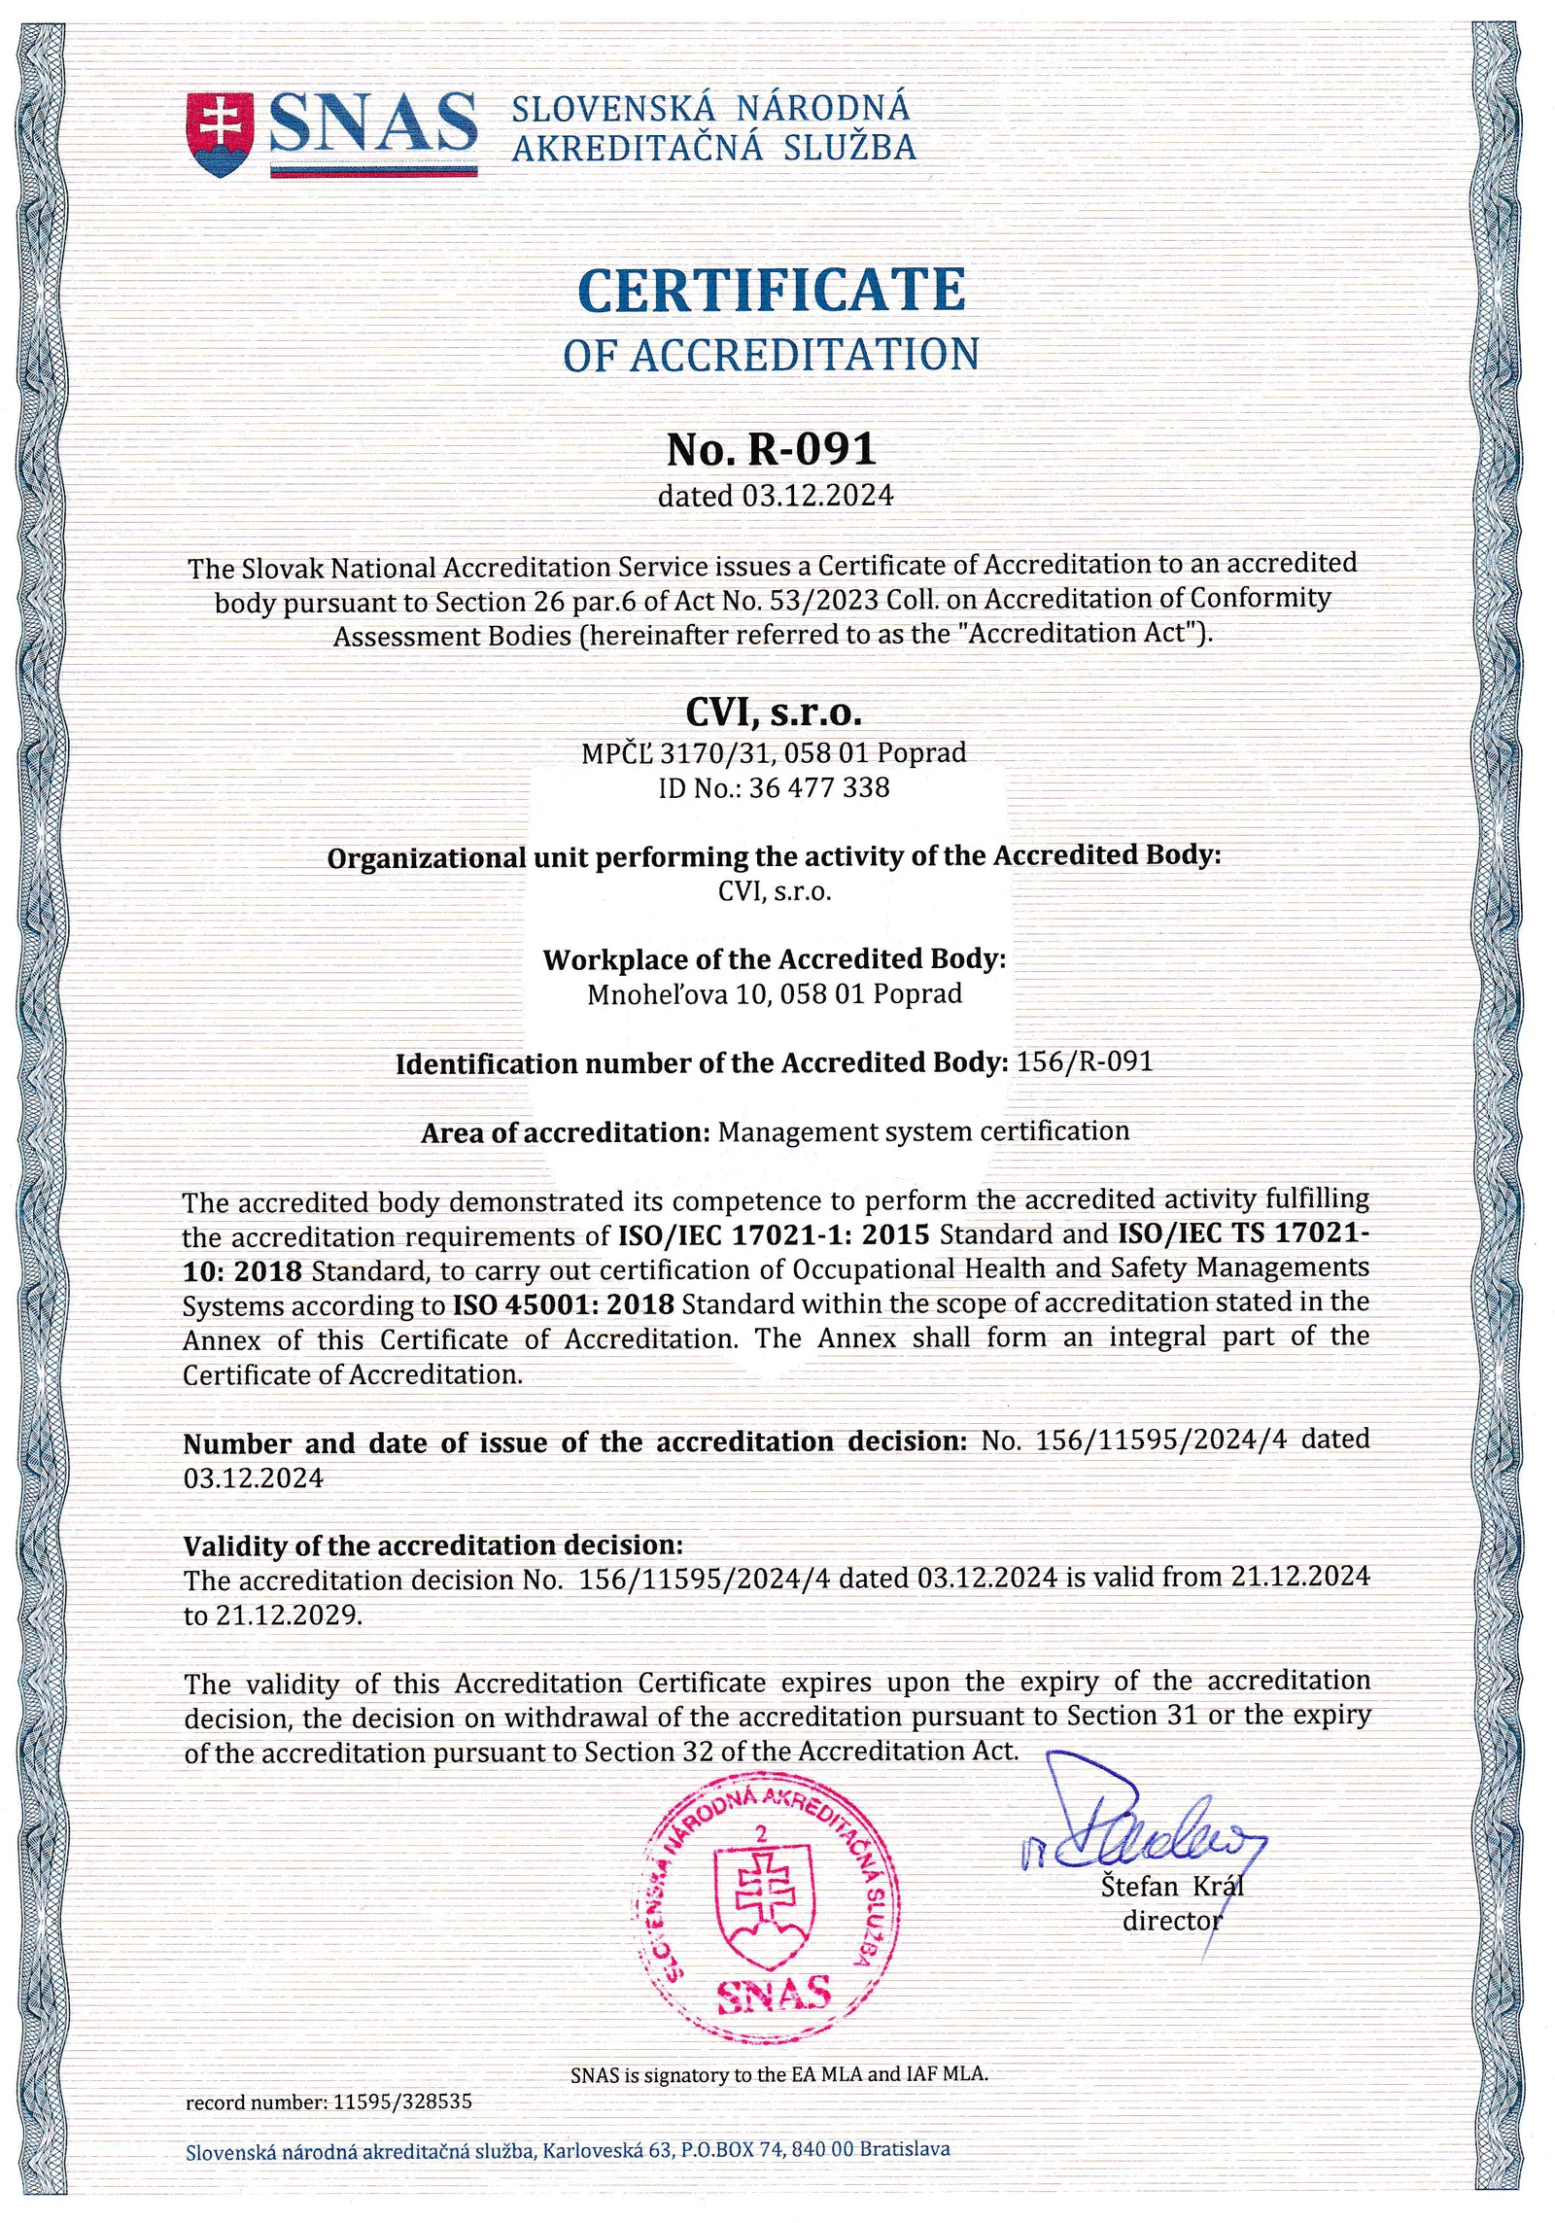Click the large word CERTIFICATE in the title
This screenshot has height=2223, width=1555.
(771, 290)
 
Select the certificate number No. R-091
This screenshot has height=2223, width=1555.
(772, 449)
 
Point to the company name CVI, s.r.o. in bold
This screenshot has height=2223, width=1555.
(775, 712)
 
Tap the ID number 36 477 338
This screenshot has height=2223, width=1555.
(819, 786)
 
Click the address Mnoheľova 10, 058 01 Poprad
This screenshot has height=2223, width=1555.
(775, 994)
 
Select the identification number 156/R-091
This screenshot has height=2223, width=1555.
(1084, 1061)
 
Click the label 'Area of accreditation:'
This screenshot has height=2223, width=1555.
(567, 1133)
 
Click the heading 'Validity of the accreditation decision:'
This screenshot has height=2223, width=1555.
(433, 1546)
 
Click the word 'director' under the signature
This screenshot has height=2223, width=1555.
(1171, 1922)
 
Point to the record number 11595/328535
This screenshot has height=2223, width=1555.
(402, 2101)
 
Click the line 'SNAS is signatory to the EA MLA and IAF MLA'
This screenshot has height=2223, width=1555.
(778, 2073)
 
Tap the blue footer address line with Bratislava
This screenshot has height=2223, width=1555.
(568, 2150)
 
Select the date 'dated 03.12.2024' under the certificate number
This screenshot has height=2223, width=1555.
(775, 496)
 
